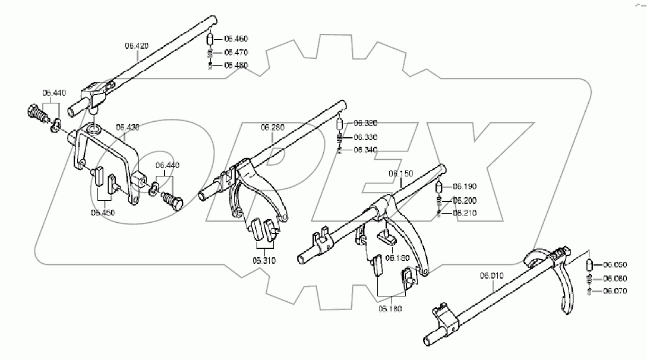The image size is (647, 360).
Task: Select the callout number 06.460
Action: pos(236,39)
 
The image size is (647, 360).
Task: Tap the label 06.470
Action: pos(236,52)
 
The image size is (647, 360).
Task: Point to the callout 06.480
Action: pos(236,65)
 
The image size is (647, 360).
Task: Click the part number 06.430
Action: pos(128,127)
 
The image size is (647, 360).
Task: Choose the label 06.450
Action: pos(103,211)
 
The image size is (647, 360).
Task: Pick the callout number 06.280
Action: pos(273,127)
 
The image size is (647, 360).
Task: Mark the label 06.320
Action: pos(366,123)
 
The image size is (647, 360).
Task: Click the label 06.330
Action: pos(366,137)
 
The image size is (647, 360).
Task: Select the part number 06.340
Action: pos(366,150)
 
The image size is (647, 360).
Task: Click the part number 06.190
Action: pos(465,186)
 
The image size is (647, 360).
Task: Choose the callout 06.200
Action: pos(465,200)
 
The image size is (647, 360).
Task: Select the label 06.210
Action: pos(465,213)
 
